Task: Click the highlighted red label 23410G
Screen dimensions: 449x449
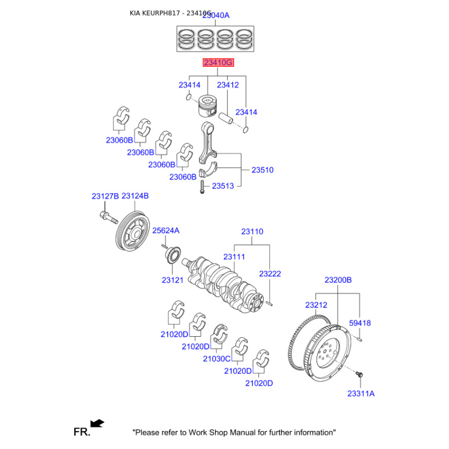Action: coord(218,63)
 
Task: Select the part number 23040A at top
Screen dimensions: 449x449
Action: coord(215,16)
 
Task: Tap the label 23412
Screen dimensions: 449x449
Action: coord(228,85)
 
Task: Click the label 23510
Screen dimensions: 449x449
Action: coord(262,169)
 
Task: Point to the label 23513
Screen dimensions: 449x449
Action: coord(223,186)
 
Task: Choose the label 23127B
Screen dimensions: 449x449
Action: coord(106,196)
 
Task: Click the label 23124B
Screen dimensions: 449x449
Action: coord(135,196)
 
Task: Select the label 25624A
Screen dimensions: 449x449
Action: coord(166,231)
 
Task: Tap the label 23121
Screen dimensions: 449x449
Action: coord(173,280)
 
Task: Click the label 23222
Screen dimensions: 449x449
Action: coord(270,274)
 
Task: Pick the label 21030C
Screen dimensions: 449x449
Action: coord(217,359)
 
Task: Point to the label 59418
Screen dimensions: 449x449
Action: coord(360,323)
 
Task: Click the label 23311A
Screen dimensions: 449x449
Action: coord(360,393)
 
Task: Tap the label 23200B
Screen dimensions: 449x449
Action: coord(338,280)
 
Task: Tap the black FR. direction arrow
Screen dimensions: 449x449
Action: coord(97,423)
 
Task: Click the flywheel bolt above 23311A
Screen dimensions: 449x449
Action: coord(360,373)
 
